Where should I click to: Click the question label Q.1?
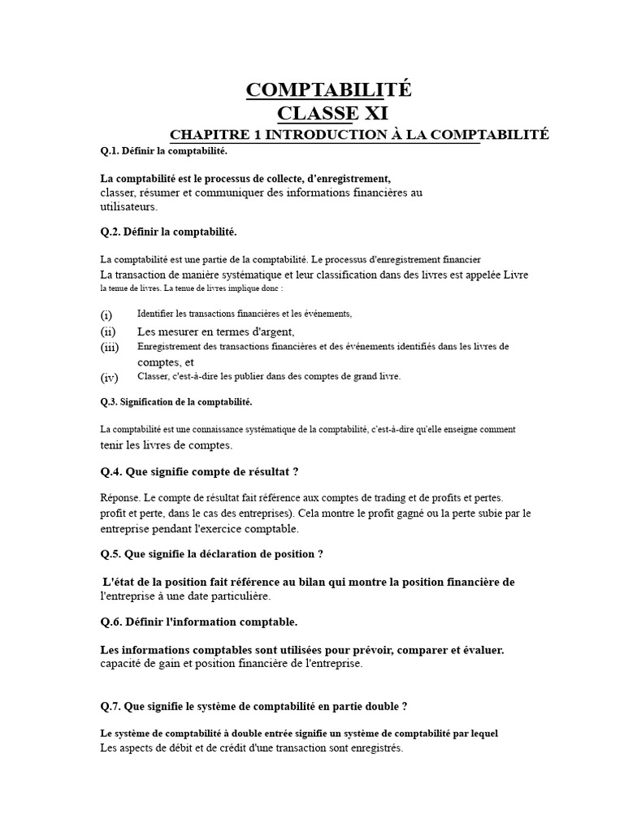point(110,151)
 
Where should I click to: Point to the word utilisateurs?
point(128,207)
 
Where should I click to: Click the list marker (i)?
point(106,314)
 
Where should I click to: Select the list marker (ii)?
point(108,331)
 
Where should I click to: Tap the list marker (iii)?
point(110,348)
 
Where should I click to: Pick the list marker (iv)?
point(110,378)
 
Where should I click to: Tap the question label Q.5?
point(110,554)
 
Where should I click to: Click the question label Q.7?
point(110,705)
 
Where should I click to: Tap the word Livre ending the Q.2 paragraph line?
point(515,275)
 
